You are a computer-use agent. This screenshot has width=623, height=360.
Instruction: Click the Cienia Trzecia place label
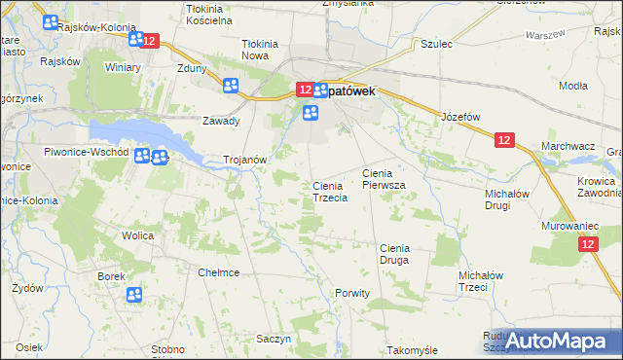pos(330,192)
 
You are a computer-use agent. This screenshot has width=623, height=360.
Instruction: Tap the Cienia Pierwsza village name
pos(389,178)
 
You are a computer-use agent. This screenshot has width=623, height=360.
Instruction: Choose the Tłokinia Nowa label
pos(260,50)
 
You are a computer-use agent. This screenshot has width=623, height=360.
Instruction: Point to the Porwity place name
pos(352,293)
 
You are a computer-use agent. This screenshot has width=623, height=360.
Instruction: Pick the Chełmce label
pos(219,272)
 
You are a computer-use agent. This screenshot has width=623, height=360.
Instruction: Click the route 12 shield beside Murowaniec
pos(585,247)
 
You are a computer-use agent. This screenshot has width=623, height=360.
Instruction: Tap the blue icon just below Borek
pos(134,295)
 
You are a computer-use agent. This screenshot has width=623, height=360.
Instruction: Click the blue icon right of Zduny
pos(231,86)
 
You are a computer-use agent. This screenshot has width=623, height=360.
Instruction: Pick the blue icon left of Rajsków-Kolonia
pos(47,22)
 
